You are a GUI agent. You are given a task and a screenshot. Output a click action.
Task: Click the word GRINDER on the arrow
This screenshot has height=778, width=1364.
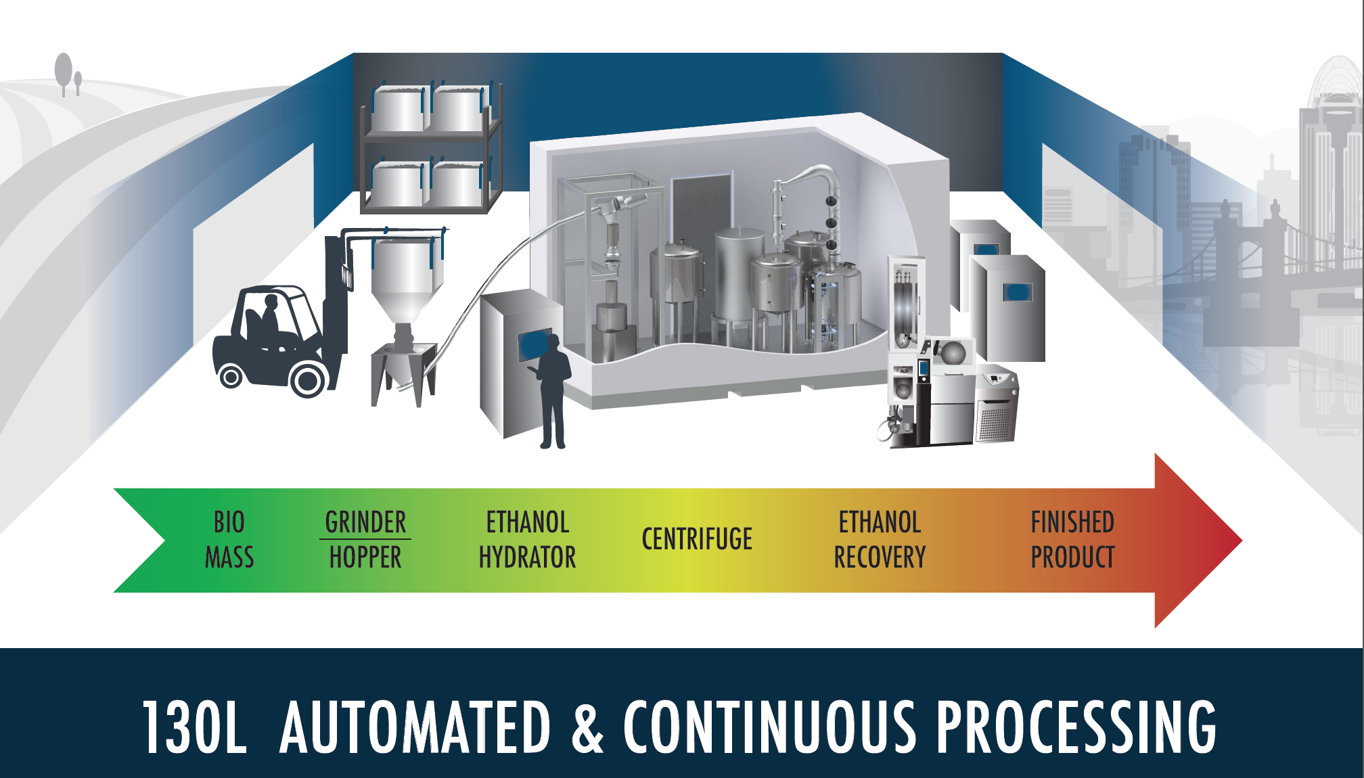pyautogui.click(x=365, y=522)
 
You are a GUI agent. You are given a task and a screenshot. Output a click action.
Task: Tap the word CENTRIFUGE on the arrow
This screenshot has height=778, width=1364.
pyautogui.click(x=697, y=539)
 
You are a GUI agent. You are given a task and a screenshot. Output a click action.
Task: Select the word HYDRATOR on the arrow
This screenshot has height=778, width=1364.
pyautogui.click(x=527, y=557)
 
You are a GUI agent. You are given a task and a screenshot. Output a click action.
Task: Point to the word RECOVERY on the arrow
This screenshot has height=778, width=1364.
pyautogui.click(x=880, y=557)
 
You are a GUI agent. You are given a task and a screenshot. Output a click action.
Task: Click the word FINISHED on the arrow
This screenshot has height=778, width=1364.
pyautogui.click(x=1072, y=522)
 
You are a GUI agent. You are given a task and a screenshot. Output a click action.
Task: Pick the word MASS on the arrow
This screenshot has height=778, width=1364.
pyautogui.click(x=229, y=557)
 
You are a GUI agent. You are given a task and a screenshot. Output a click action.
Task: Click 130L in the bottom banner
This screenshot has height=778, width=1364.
pyautogui.click(x=194, y=727)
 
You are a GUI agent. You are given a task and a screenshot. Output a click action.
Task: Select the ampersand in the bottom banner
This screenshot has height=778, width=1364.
pyautogui.click(x=587, y=727)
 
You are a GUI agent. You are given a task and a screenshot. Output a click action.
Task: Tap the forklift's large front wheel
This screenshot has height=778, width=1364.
pyautogui.click(x=308, y=380)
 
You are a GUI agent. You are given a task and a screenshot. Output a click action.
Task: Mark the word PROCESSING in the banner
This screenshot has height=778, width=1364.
pyautogui.click(x=1076, y=727)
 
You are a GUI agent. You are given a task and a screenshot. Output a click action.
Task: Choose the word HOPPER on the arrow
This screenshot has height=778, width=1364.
pyautogui.click(x=365, y=557)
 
